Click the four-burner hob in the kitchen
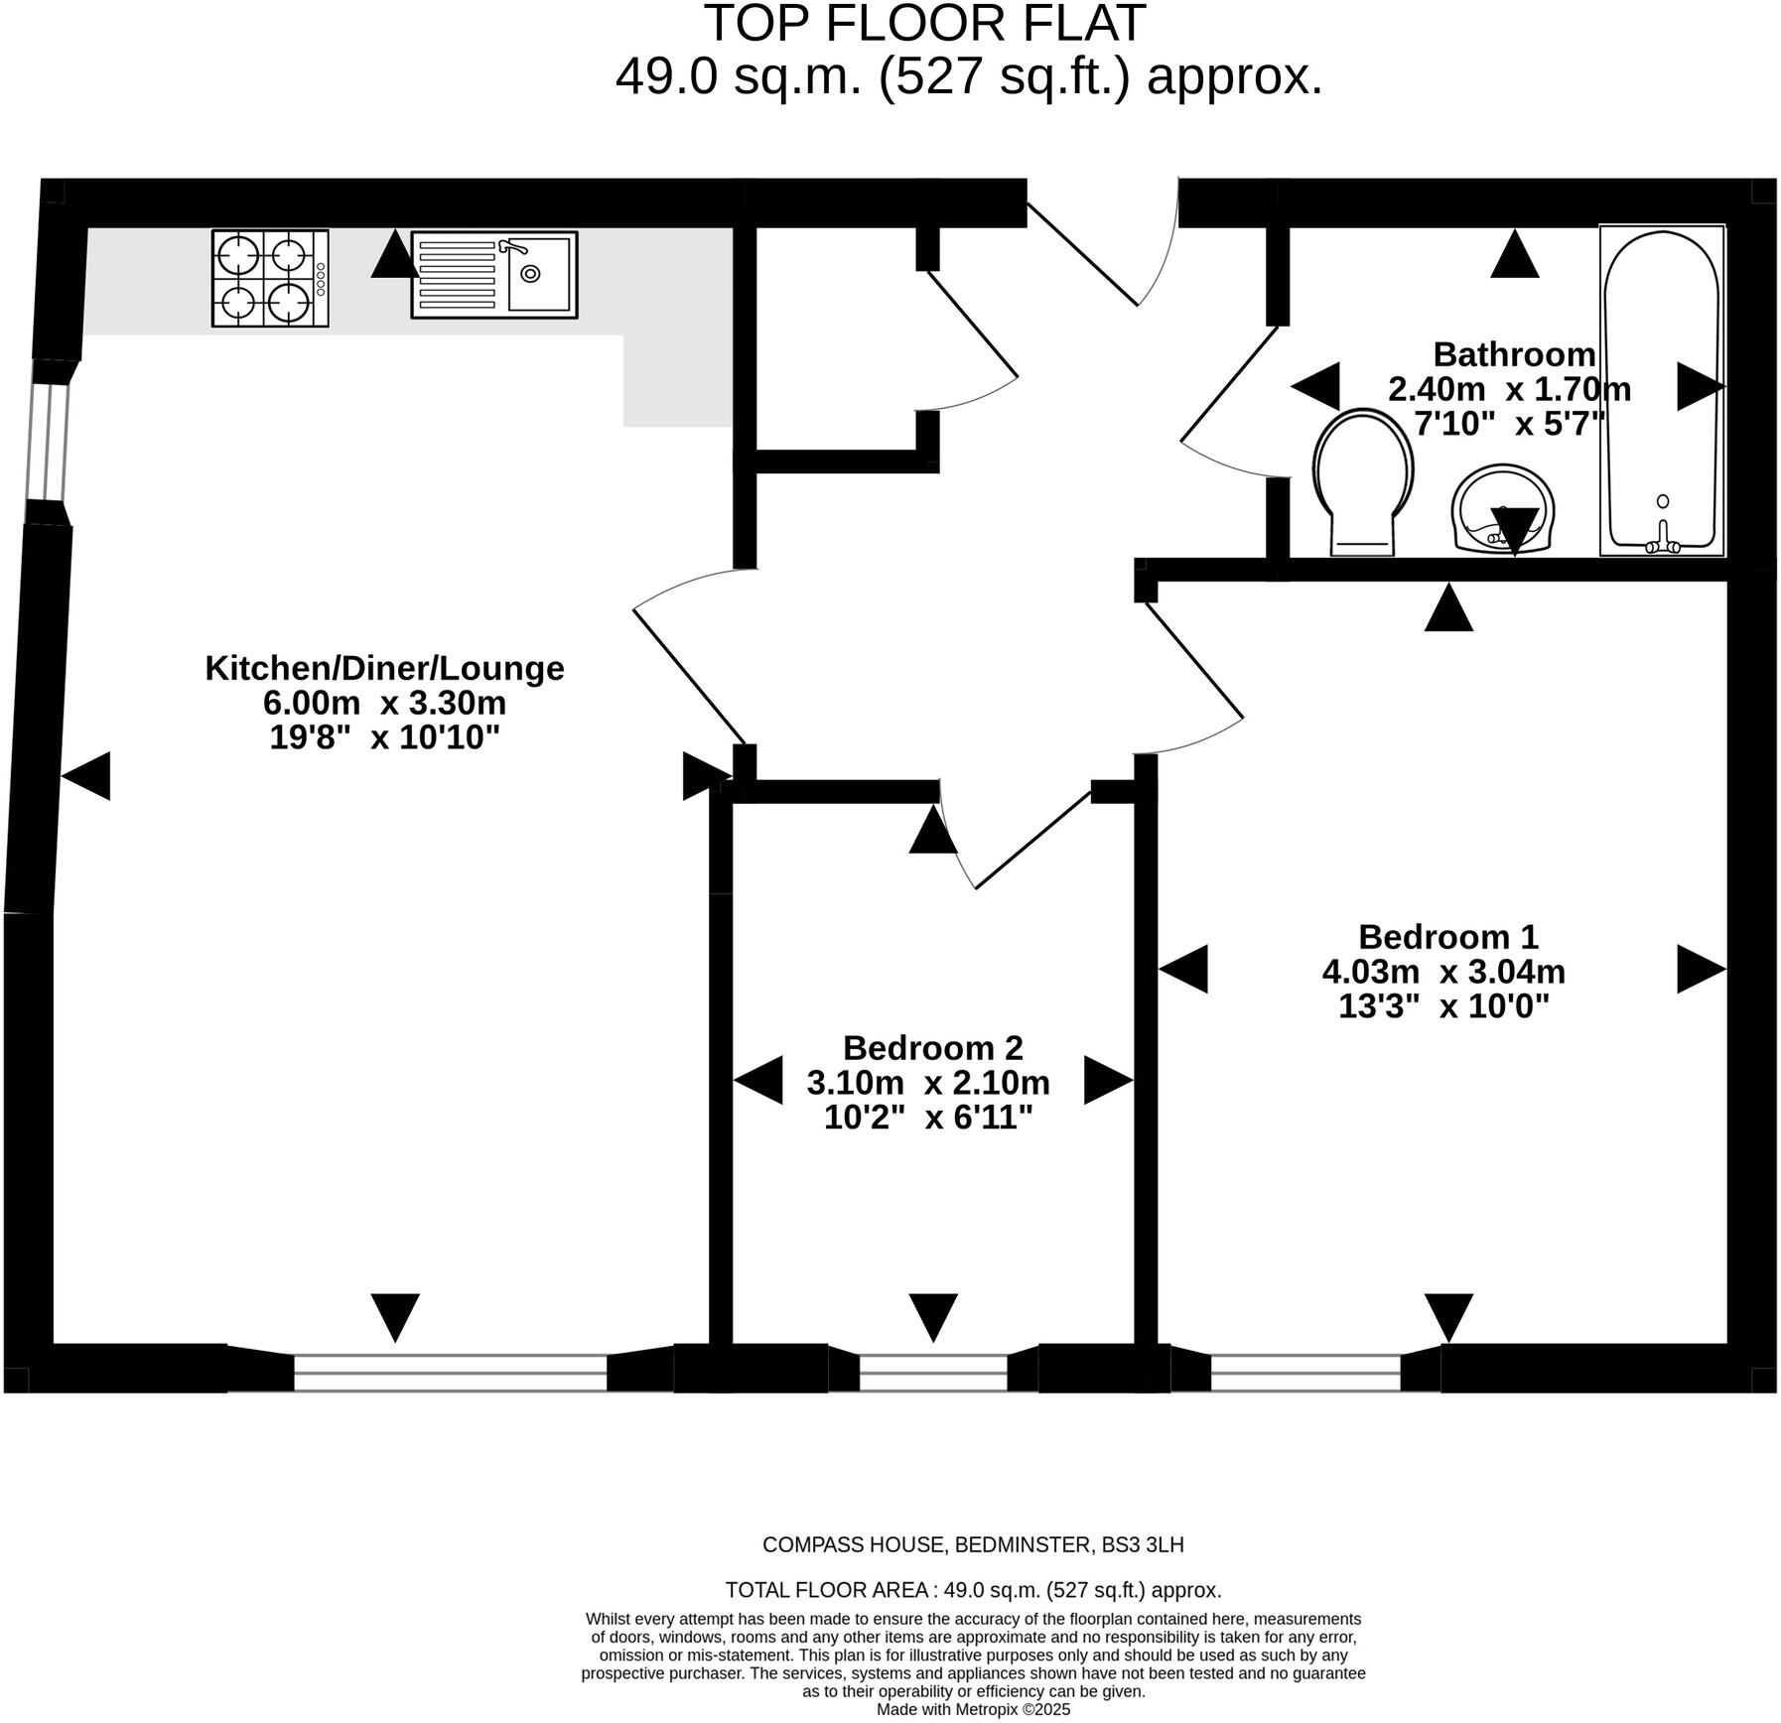269,279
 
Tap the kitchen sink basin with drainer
493,275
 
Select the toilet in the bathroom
1362,482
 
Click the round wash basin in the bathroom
1502,508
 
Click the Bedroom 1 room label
1447,936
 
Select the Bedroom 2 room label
932,1047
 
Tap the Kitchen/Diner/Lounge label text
384,668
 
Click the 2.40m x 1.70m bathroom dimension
1509,389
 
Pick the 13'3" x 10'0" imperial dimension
1443,1006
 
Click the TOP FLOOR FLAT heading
924,24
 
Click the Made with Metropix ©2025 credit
973,1710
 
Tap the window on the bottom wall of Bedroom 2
932,1372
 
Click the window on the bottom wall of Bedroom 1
1304,1372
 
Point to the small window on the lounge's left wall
48,441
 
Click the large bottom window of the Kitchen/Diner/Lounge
450,1372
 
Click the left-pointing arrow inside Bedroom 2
758,1081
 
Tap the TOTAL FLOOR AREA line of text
973,1590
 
